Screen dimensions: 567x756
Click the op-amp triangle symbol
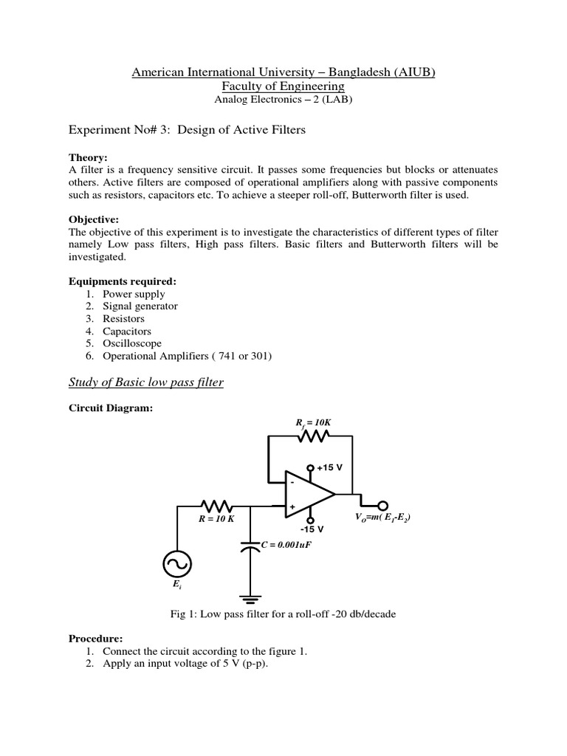pos(310,493)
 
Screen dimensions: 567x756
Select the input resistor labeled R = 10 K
pos(217,506)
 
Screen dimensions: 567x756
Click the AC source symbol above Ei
pos(178,566)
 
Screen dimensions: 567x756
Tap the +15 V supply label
pos(330,468)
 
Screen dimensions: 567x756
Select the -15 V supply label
pos(312,529)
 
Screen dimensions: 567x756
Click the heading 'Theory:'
pos(88,157)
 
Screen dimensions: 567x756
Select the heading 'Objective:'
pos(94,220)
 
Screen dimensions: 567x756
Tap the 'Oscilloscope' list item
pos(132,343)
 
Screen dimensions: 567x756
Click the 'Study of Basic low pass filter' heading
pos(146,382)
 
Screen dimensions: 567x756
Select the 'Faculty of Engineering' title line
pos(283,86)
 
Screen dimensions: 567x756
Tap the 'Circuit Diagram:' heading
pos(111,408)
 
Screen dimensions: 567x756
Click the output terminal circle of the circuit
pos(382,506)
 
